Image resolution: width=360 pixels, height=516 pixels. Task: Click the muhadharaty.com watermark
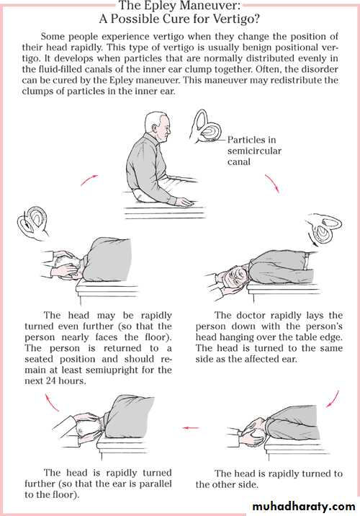click(304, 506)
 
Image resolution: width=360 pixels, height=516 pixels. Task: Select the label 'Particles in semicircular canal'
click(254, 151)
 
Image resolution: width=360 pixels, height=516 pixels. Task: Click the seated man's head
click(158, 126)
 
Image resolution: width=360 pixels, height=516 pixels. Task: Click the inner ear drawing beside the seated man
click(206, 128)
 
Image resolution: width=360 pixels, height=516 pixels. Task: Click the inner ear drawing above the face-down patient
click(34, 223)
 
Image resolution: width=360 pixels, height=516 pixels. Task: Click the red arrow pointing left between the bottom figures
click(191, 428)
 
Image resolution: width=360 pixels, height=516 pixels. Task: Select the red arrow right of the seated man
click(273, 183)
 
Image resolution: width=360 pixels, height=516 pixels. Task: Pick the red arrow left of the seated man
click(89, 179)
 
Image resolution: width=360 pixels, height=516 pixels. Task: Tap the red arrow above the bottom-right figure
click(333, 399)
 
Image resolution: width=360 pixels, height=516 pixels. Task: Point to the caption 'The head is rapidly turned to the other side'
click(269, 479)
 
